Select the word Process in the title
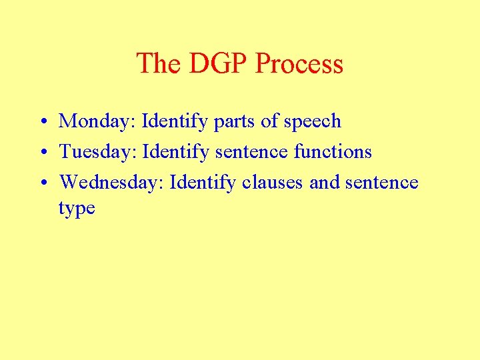pyautogui.click(x=299, y=64)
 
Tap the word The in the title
pyautogui.click(x=159, y=64)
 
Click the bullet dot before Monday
pyautogui.click(x=41, y=122)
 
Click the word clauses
pyautogui.click(x=273, y=183)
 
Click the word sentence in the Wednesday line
pyautogui.click(x=382, y=183)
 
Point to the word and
pyautogui.click(x=325, y=183)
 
